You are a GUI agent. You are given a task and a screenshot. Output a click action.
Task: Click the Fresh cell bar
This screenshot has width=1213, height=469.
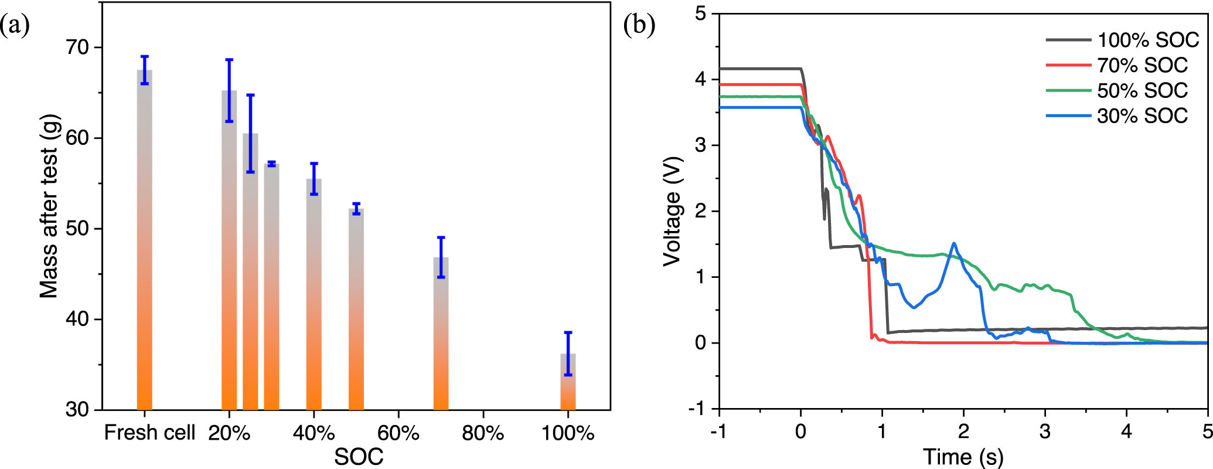144,240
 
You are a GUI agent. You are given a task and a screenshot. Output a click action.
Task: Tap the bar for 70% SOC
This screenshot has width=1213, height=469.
441,334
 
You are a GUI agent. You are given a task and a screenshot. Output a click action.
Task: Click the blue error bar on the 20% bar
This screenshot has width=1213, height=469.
229,90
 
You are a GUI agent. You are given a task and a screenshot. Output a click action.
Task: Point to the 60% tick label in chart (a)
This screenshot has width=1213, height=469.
398,433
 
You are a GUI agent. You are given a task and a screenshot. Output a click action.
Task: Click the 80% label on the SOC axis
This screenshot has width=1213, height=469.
482,433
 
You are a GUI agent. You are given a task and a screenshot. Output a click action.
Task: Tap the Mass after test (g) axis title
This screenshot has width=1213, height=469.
49,206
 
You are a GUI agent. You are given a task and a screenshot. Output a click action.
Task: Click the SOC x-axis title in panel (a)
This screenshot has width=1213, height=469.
359,457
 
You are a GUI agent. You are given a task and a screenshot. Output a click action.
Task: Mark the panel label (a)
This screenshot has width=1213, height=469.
15,25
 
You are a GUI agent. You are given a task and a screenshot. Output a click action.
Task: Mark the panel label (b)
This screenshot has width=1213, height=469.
639,25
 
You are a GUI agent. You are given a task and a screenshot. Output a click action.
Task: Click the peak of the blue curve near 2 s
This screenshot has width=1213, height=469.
954,243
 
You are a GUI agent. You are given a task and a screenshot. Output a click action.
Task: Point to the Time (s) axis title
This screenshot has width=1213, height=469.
963,457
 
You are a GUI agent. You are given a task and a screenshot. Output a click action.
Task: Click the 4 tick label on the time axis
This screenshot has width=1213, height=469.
1126,432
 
